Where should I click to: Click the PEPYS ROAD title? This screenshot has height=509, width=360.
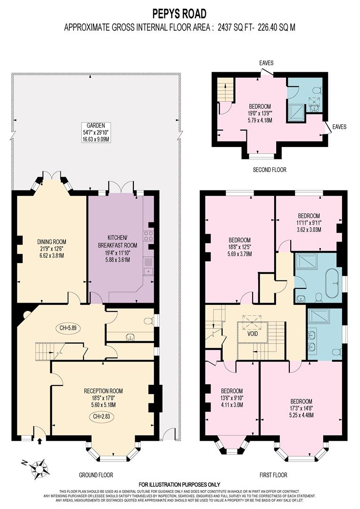click(x=180, y=13)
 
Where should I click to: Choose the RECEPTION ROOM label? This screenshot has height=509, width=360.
click(x=103, y=391)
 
